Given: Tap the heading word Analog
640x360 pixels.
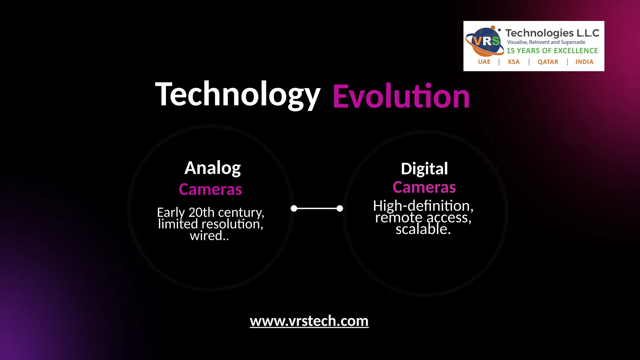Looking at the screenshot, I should (x=212, y=168).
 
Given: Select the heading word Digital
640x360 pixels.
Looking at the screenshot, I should (x=424, y=169).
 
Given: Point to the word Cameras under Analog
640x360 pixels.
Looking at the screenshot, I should (x=210, y=189).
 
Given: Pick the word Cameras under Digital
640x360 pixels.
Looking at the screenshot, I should (x=424, y=187).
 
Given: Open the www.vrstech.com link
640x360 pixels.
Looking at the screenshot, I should (x=309, y=321).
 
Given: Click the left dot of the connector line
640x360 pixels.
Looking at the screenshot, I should (x=294, y=208).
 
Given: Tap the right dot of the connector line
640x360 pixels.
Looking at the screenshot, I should (x=340, y=208).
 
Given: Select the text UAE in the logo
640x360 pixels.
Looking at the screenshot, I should (x=484, y=62).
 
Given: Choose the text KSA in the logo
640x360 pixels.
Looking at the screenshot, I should (x=514, y=62).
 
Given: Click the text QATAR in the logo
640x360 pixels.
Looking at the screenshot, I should (x=548, y=62).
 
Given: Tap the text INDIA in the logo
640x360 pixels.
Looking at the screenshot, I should (x=584, y=62).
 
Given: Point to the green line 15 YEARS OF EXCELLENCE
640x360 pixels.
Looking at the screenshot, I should (x=552, y=51).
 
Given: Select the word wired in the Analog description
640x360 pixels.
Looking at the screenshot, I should (x=206, y=236).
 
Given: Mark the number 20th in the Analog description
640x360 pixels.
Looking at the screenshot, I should (x=202, y=212).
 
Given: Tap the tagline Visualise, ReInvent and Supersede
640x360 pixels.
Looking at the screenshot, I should (x=546, y=42).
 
